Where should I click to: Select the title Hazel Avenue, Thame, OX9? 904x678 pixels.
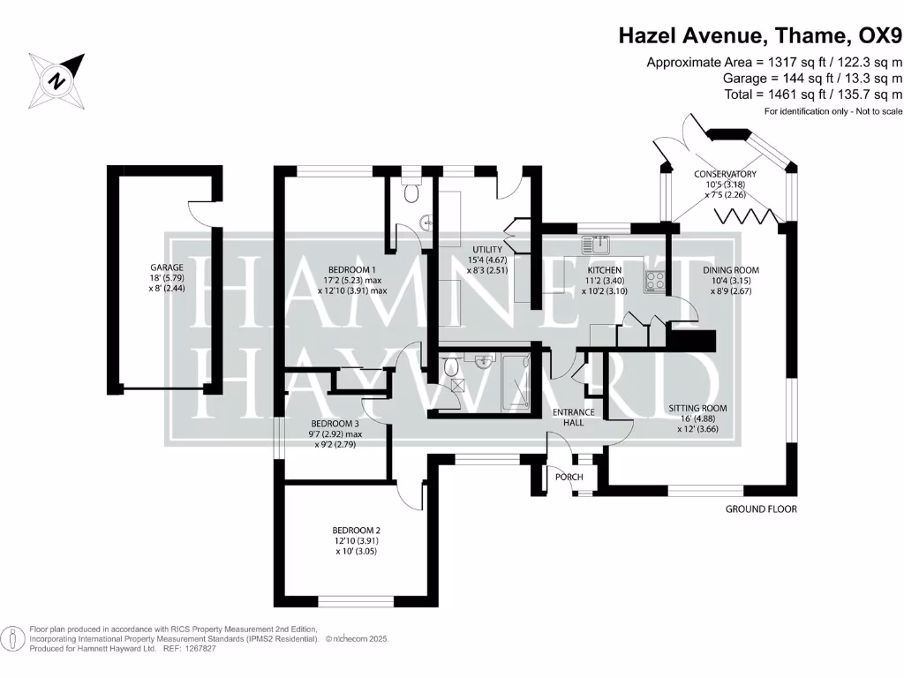pyautogui.click(x=760, y=35)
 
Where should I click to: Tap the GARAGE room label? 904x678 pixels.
pyautogui.click(x=166, y=267)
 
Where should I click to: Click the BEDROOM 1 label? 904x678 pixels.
pyautogui.click(x=352, y=269)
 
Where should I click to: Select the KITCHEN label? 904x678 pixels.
pyautogui.click(x=605, y=269)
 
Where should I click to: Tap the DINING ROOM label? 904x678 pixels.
pyautogui.click(x=731, y=269)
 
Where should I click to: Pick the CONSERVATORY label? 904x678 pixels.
pyautogui.click(x=725, y=174)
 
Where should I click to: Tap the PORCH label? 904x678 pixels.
pyautogui.click(x=569, y=478)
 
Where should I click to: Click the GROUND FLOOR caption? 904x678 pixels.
pyautogui.click(x=761, y=509)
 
